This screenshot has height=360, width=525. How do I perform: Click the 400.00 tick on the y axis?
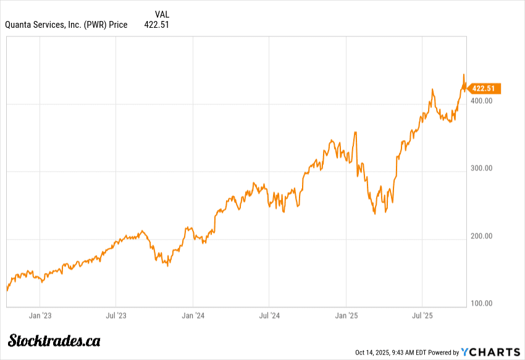pyautogui.click(x=483, y=101)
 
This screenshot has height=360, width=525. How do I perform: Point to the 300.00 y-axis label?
pyautogui.click(x=483, y=168)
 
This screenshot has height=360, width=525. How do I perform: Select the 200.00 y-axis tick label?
pyautogui.click(x=483, y=236)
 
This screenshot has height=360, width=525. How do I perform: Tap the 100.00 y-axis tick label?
pyautogui.click(x=483, y=303)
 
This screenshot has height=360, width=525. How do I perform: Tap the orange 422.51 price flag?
pyautogui.click(x=484, y=88)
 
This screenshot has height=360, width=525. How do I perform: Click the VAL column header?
pyautogui.click(x=162, y=14)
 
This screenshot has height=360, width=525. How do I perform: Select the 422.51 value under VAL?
pyautogui.click(x=157, y=25)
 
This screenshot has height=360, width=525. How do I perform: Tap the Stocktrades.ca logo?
pyautogui.click(x=54, y=340)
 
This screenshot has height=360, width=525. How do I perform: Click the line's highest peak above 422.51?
pyautogui.click(x=464, y=75)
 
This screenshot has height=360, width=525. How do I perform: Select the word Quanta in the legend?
pyautogui.click(x=19, y=25)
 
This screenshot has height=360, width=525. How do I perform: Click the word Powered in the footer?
pyautogui.click(x=441, y=353)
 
